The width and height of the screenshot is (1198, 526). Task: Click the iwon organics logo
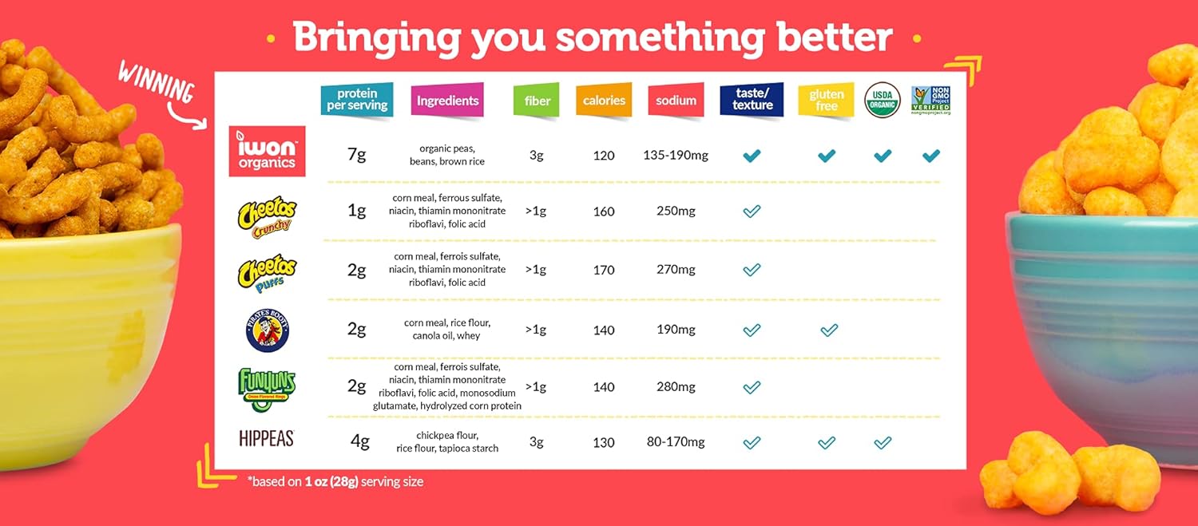(x=267, y=151)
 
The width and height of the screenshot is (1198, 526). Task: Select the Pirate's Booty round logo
(x=267, y=330)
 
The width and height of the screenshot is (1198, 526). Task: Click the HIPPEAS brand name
(x=267, y=438)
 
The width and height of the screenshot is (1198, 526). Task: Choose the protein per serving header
(x=357, y=100)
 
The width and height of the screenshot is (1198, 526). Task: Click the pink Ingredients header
(x=447, y=101)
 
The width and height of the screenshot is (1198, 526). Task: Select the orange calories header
(x=604, y=101)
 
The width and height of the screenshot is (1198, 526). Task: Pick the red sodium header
(x=676, y=101)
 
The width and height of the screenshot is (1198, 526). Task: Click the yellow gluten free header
(x=826, y=101)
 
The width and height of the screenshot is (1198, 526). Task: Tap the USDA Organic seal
(x=883, y=100)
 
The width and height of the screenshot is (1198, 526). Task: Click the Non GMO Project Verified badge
(x=930, y=100)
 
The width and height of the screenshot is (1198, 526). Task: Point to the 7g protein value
(x=356, y=155)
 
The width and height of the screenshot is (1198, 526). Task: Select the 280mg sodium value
(x=676, y=387)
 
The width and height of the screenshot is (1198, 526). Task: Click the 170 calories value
(x=604, y=270)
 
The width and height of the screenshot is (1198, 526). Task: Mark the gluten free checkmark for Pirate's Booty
(x=829, y=329)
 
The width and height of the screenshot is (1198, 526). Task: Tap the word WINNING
(x=156, y=81)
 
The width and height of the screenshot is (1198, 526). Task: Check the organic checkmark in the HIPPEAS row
(x=883, y=442)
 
